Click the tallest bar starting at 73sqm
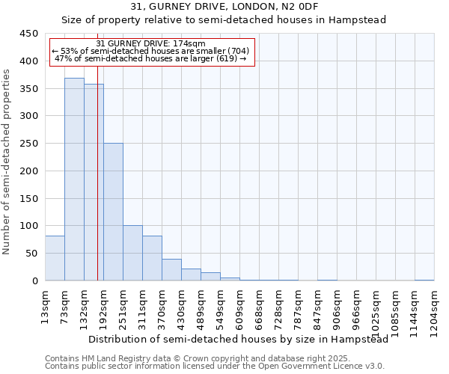click(74, 180)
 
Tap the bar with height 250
click(113, 212)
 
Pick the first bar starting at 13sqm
click(55, 258)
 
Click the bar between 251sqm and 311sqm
click(132, 253)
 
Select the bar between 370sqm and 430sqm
click(171, 269)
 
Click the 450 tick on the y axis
click(29, 34)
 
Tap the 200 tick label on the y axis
click(29, 171)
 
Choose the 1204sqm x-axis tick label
click(435, 309)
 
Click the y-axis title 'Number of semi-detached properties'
click(7, 162)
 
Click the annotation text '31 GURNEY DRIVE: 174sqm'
click(151, 44)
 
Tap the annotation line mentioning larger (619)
click(151, 59)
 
